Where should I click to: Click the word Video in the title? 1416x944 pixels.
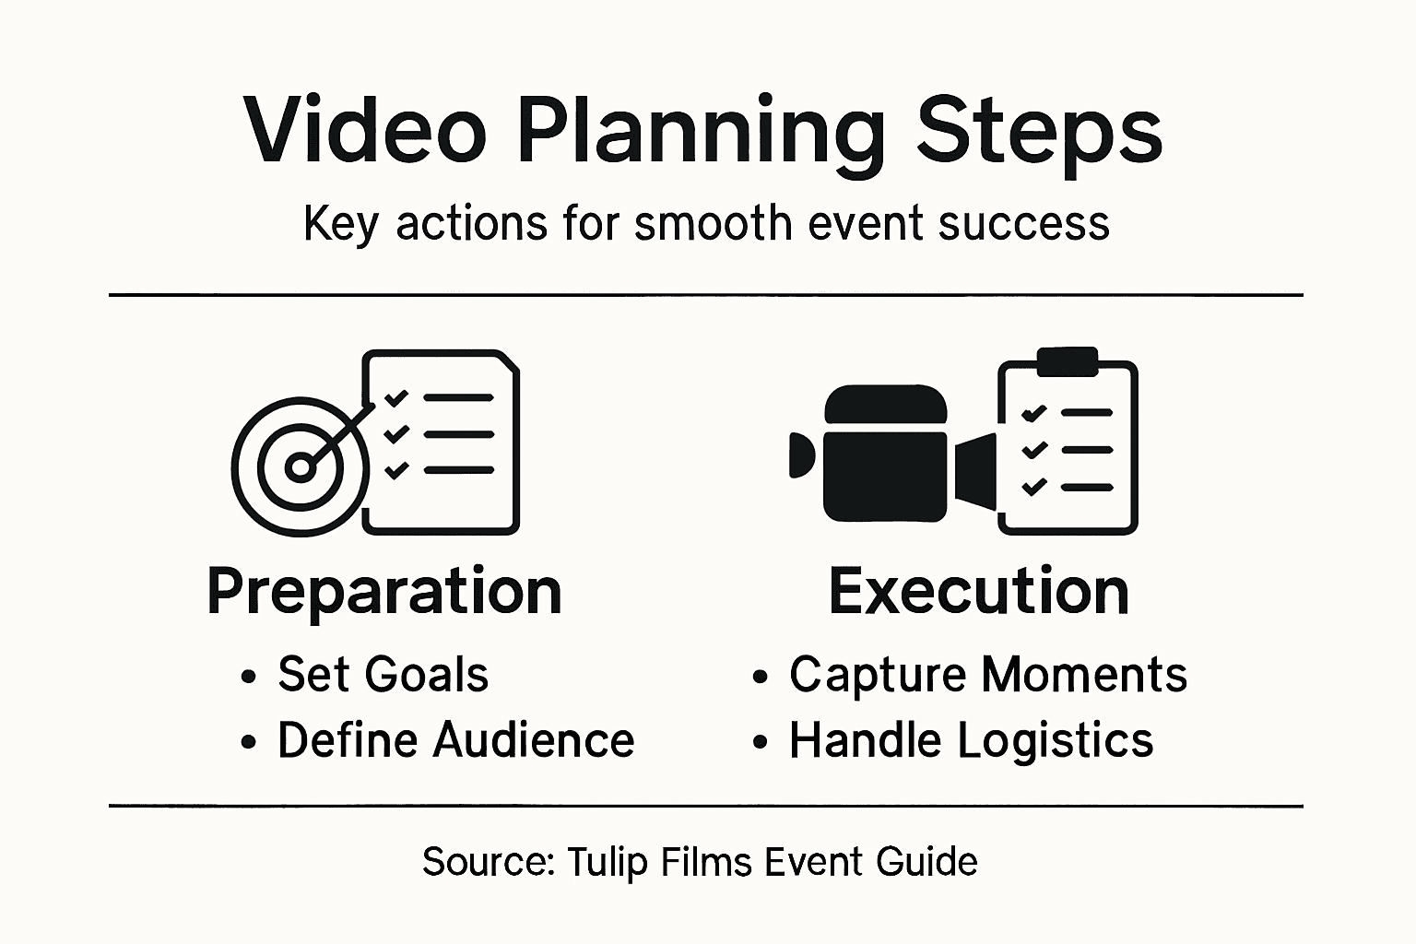click(x=365, y=130)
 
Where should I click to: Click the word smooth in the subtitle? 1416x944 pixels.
click(x=713, y=223)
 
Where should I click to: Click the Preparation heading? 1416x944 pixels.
click(x=384, y=591)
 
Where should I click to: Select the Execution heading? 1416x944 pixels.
click(x=979, y=591)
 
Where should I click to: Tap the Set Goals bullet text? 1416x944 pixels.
click(x=383, y=674)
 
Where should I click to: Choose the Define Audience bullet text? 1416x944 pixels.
click(x=455, y=740)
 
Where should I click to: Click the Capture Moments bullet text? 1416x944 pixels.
click(x=987, y=674)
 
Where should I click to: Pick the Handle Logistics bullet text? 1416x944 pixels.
click(x=971, y=740)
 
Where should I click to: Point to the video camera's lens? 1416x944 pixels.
click(x=976, y=470)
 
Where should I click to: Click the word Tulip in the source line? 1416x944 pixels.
click(x=601, y=863)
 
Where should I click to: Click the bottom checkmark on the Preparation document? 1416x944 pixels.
click(x=396, y=470)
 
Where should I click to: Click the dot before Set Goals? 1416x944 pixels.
click(x=248, y=676)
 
